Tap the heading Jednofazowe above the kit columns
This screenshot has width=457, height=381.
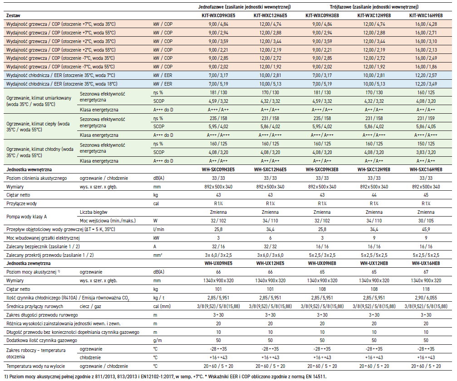point(245,7)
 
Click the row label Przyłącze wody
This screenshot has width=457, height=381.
point(21,203)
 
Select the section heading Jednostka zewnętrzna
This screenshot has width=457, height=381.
point(28,263)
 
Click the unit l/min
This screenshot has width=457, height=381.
point(158,229)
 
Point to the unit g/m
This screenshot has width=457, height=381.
point(157,340)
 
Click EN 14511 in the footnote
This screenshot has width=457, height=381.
point(312,377)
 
